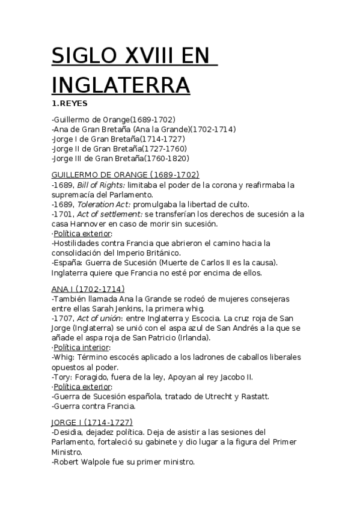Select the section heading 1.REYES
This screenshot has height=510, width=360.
click(70, 103)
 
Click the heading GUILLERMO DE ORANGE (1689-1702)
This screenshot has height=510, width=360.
click(126, 174)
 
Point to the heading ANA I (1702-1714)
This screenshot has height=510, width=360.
click(88, 289)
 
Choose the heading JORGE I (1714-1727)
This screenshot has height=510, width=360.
click(93, 422)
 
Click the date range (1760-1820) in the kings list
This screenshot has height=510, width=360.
click(167, 158)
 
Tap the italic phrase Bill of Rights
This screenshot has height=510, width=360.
click(99, 185)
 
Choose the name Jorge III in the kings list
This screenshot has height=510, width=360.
click(67, 158)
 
